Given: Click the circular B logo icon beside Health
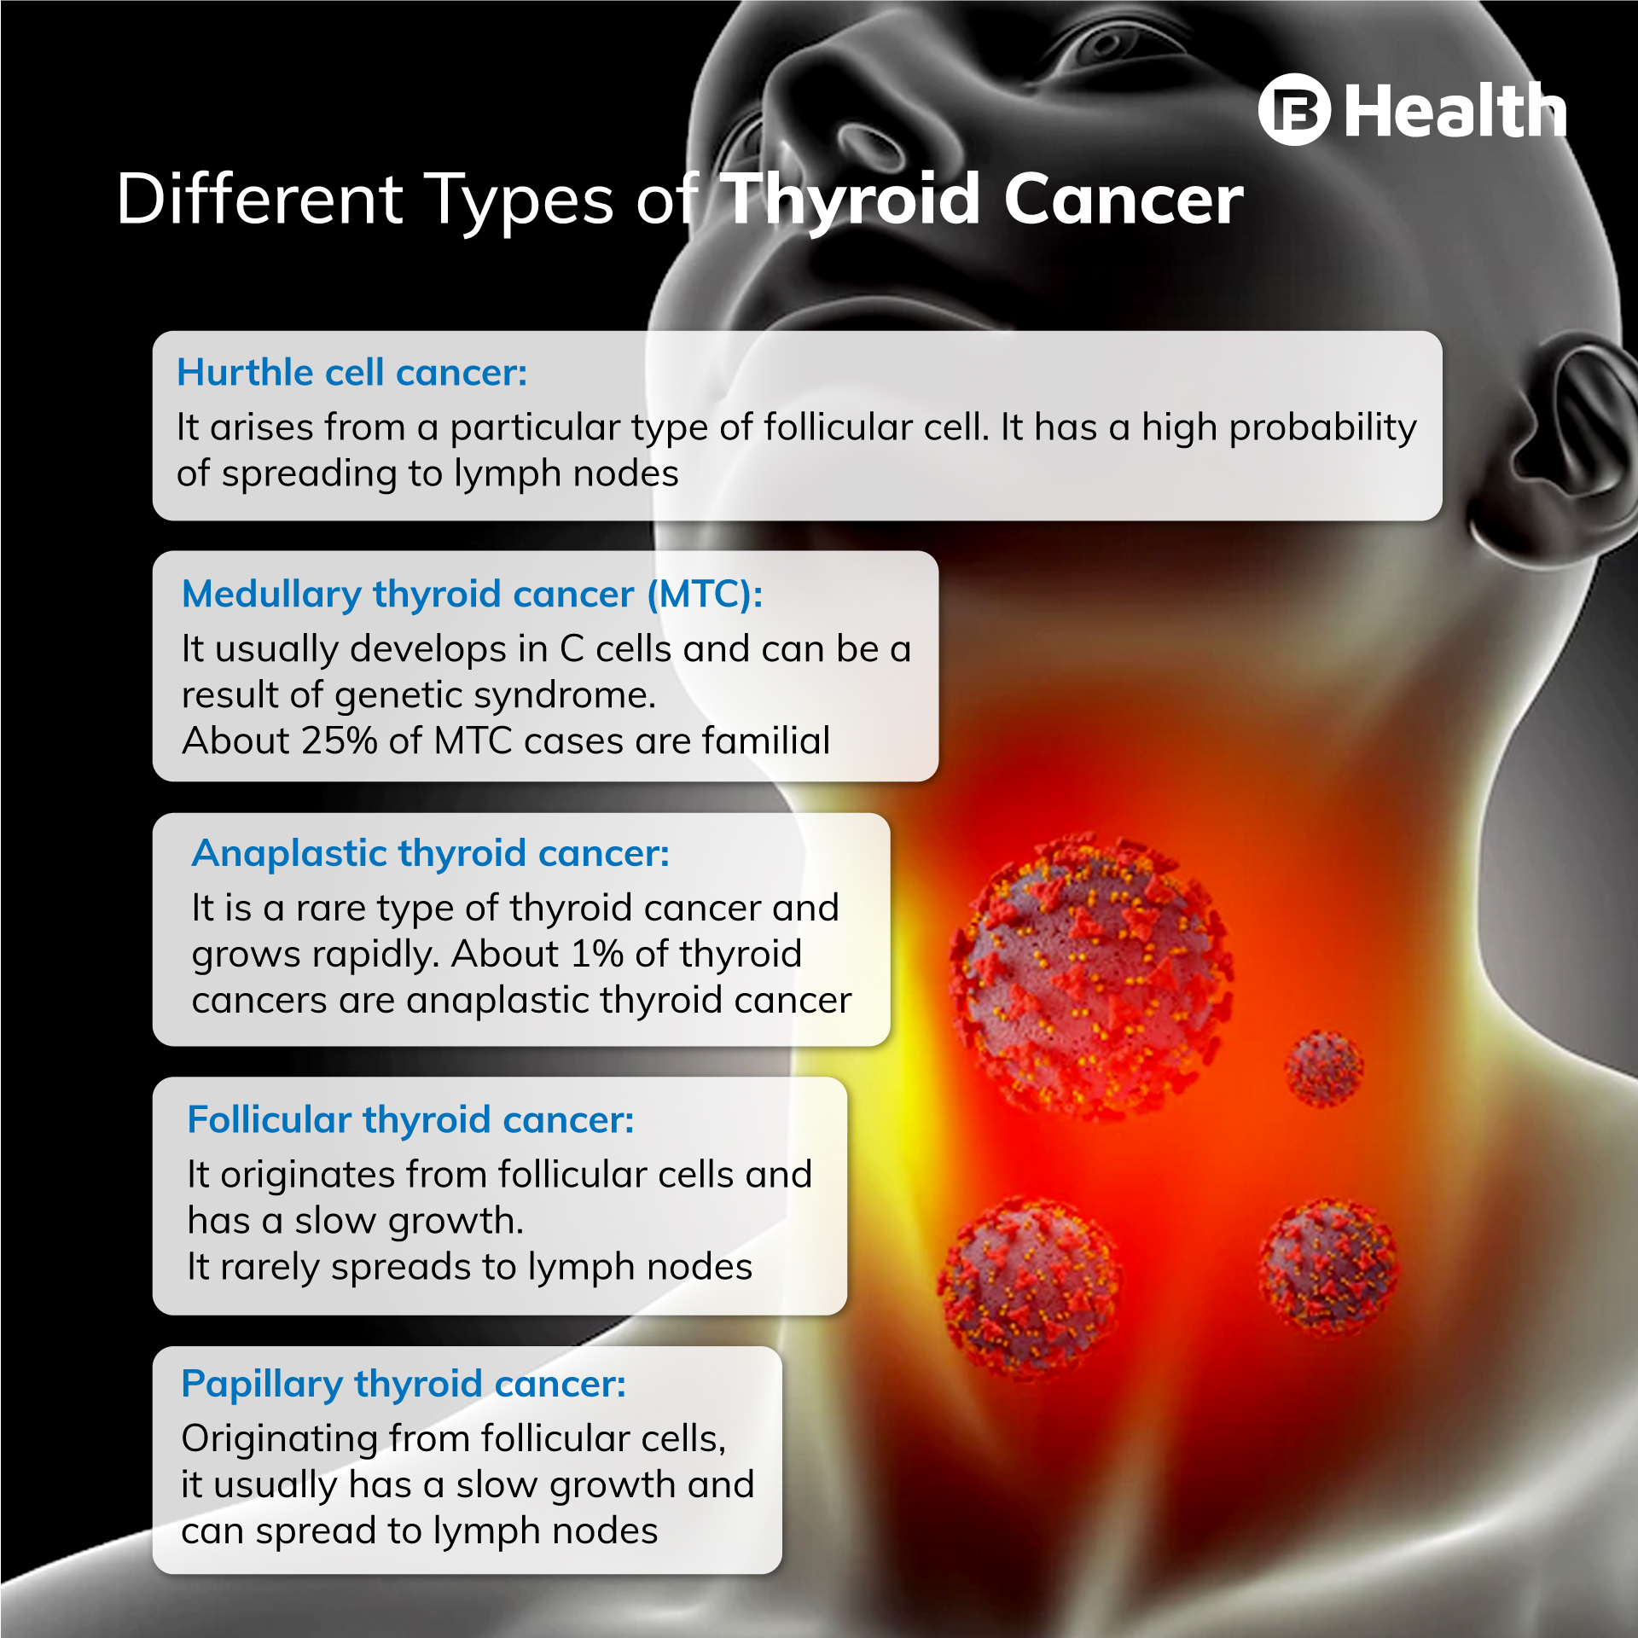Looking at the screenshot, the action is click(x=1294, y=109).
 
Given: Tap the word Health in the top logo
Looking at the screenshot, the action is click(x=1455, y=111).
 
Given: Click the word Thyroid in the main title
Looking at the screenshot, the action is click(x=851, y=201).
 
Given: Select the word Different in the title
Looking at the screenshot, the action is click(x=259, y=199).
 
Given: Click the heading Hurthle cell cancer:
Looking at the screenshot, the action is click(x=352, y=373).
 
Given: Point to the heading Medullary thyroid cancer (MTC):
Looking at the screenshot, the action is click(x=473, y=595).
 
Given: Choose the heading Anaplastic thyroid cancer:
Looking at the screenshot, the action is click(x=431, y=854).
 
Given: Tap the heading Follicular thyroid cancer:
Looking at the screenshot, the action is click(x=410, y=1120).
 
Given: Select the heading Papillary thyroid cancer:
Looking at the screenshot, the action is click(x=404, y=1385).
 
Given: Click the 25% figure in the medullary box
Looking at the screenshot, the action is click(x=339, y=741).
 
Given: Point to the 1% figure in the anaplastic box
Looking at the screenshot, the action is click(x=596, y=954).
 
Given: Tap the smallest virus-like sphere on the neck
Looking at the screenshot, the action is click(x=1323, y=1069).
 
